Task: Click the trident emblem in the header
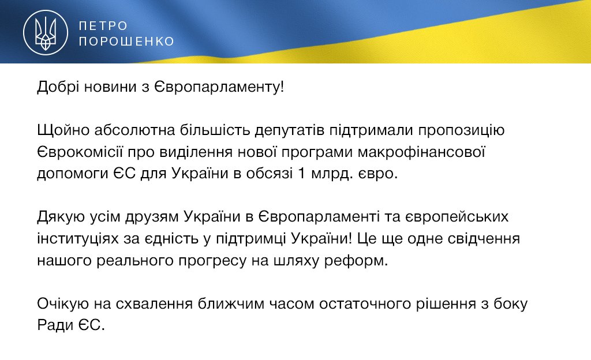coord(46,32)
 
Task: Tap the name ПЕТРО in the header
coord(103,25)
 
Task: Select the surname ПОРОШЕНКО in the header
coord(126,41)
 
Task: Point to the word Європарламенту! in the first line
coord(219,88)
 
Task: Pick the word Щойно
coord(63,130)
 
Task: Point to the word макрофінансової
coord(421,152)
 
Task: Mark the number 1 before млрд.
coord(301,174)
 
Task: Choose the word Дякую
coord(60,217)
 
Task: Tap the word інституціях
coord(78,239)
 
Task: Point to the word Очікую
coord(62,304)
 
